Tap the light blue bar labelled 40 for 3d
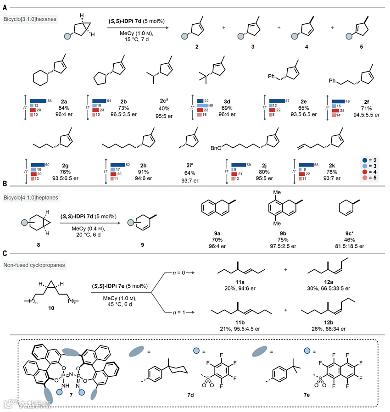(x=202, y=105)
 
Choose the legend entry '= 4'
(x=371, y=171)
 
